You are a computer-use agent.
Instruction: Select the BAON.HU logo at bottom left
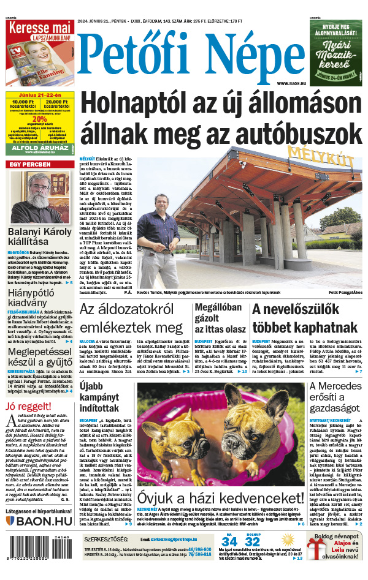[39, 521]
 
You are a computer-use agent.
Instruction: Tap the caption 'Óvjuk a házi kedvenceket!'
[221, 497]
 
